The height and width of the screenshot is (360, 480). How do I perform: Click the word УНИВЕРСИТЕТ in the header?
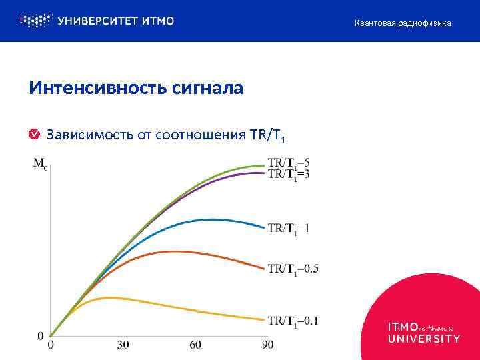pyautogui.click(x=98, y=21)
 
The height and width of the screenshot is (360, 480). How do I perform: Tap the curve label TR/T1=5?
pyautogui.click(x=289, y=162)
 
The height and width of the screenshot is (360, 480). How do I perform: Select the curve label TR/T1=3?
pyautogui.click(x=289, y=174)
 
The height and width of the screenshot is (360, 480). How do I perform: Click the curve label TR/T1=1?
pyautogui.click(x=289, y=228)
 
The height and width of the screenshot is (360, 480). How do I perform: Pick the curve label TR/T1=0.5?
pyautogui.click(x=293, y=269)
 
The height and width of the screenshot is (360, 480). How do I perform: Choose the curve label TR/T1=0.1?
pyautogui.click(x=293, y=321)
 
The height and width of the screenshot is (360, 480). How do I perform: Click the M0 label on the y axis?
pyautogui.click(x=40, y=163)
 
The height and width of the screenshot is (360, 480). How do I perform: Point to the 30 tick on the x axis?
pyautogui.click(x=123, y=345)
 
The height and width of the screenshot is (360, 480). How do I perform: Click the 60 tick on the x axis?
pyautogui.click(x=195, y=345)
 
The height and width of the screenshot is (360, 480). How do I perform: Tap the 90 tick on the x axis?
pyautogui.click(x=267, y=345)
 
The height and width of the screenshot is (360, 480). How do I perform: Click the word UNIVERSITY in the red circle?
pyautogui.click(x=423, y=338)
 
